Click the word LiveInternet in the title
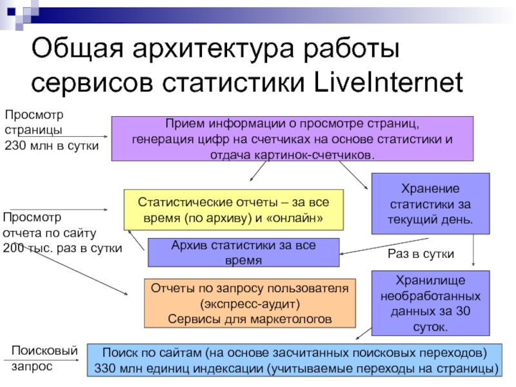(x=389, y=84)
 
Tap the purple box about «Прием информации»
(x=292, y=138)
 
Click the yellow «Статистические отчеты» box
(x=233, y=210)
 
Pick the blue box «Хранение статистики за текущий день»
(x=430, y=204)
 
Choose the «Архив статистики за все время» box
(x=244, y=252)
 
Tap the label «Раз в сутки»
(x=421, y=255)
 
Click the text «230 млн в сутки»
(x=52, y=146)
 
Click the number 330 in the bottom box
(x=107, y=369)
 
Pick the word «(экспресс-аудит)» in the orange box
(x=250, y=304)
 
